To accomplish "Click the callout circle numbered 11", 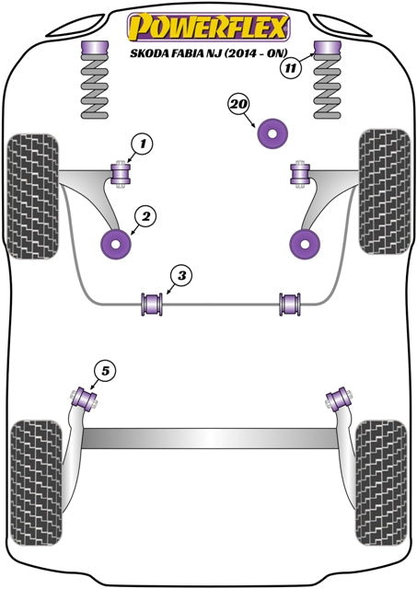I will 291,67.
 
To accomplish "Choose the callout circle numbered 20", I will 239,105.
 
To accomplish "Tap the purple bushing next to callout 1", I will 119,172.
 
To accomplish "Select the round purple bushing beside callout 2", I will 115,245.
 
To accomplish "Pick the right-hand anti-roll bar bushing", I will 291,302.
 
